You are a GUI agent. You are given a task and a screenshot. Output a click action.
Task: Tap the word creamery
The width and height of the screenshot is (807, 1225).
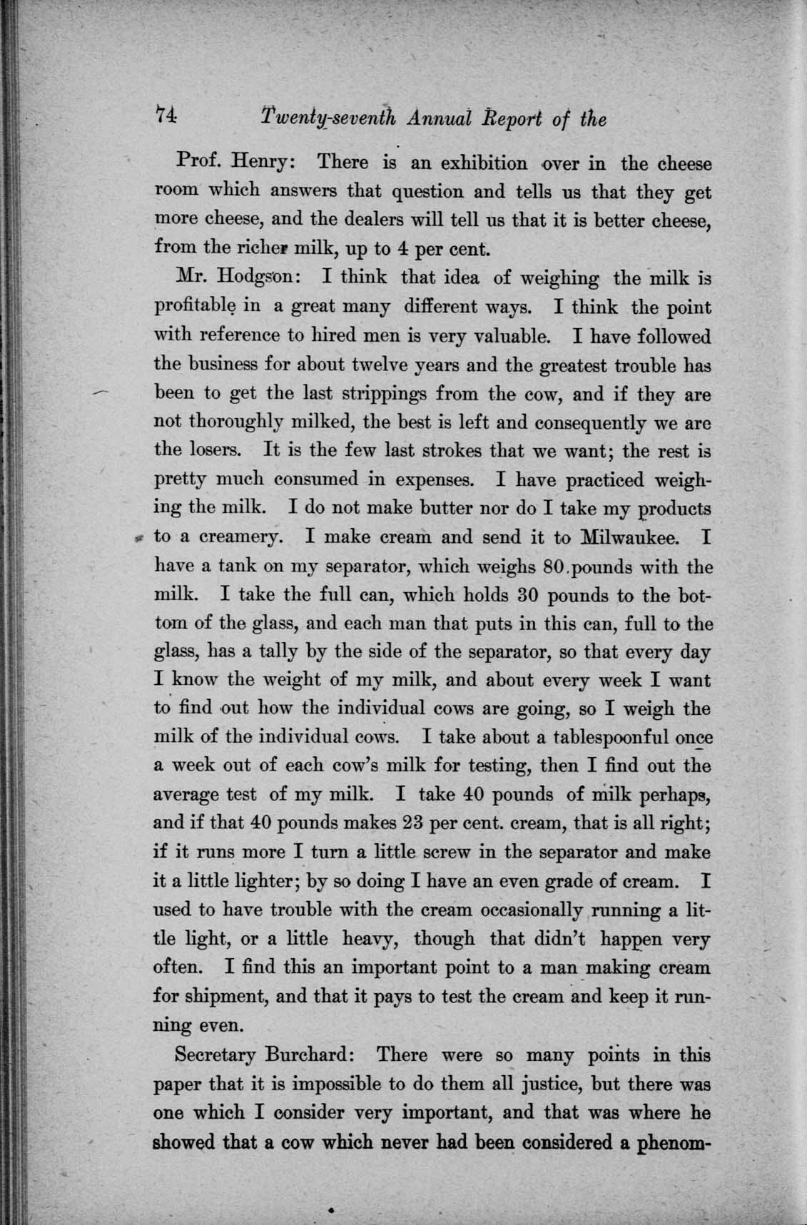click(233, 537)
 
